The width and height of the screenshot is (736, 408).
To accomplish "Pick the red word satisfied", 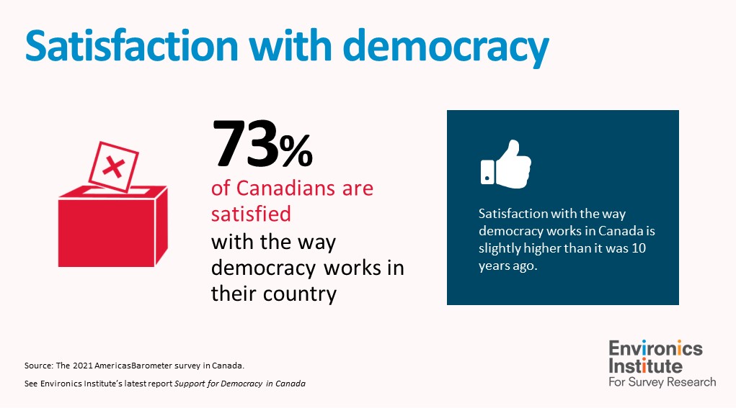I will tap(251, 214).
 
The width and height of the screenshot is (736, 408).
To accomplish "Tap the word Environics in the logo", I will tap(655, 349).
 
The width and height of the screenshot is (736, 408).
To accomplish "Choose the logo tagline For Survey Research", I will tap(662, 381).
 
